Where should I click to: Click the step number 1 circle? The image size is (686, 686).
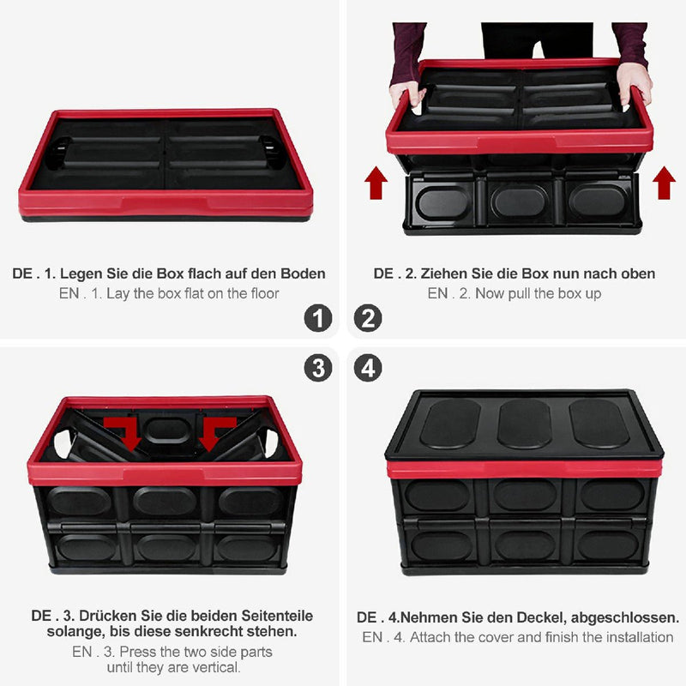[318, 318]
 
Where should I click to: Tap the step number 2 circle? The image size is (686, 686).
[368, 318]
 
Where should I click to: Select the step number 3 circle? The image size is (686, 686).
[318, 368]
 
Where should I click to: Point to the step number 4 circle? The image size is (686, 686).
[368, 368]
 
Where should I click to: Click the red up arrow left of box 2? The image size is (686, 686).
[376, 183]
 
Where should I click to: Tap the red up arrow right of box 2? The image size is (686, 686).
[664, 183]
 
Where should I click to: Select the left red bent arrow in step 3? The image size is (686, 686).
[123, 432]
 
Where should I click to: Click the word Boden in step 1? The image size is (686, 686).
[303, 274]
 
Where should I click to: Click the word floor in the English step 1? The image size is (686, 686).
[265, 293]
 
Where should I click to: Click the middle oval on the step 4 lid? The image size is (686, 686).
[524, 424]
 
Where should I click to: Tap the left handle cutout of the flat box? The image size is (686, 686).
[58, 153]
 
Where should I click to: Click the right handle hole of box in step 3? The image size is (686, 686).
[272, 442]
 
